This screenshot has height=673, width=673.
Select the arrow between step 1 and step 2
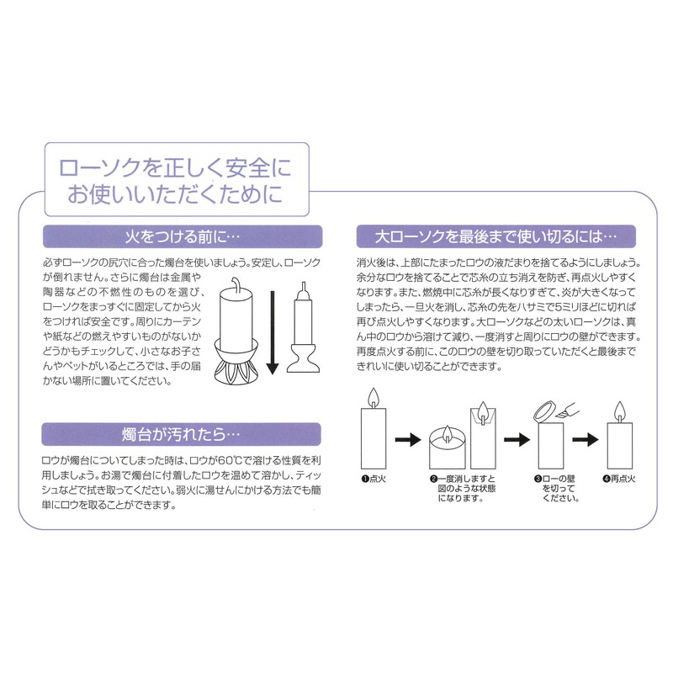[x=407, y=439]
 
